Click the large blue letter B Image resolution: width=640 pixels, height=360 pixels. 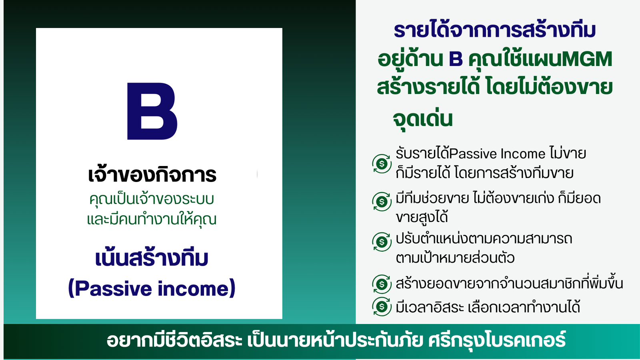point(152,111)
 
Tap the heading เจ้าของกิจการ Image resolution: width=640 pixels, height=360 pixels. point(152,174)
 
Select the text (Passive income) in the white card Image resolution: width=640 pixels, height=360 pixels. point(152,288)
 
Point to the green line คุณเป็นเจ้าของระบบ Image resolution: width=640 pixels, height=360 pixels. point(152,199)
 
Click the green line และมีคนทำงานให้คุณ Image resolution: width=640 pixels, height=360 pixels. point(152,220)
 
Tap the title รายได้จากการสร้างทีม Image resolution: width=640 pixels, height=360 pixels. point(494,30)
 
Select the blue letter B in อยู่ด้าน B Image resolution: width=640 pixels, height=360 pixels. point(456,59)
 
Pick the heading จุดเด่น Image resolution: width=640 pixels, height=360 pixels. point(423,119)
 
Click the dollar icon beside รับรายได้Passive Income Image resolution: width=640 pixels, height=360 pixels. point(382,164)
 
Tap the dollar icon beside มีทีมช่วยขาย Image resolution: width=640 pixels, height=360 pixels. point(382,202)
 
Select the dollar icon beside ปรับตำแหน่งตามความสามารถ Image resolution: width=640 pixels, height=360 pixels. point(382,242)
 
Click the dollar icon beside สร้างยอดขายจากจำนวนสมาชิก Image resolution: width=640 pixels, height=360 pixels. point(382,284)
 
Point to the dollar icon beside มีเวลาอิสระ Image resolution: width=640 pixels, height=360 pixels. point(382,306)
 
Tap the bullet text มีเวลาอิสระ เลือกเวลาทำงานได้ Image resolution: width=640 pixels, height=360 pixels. point(488,307)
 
